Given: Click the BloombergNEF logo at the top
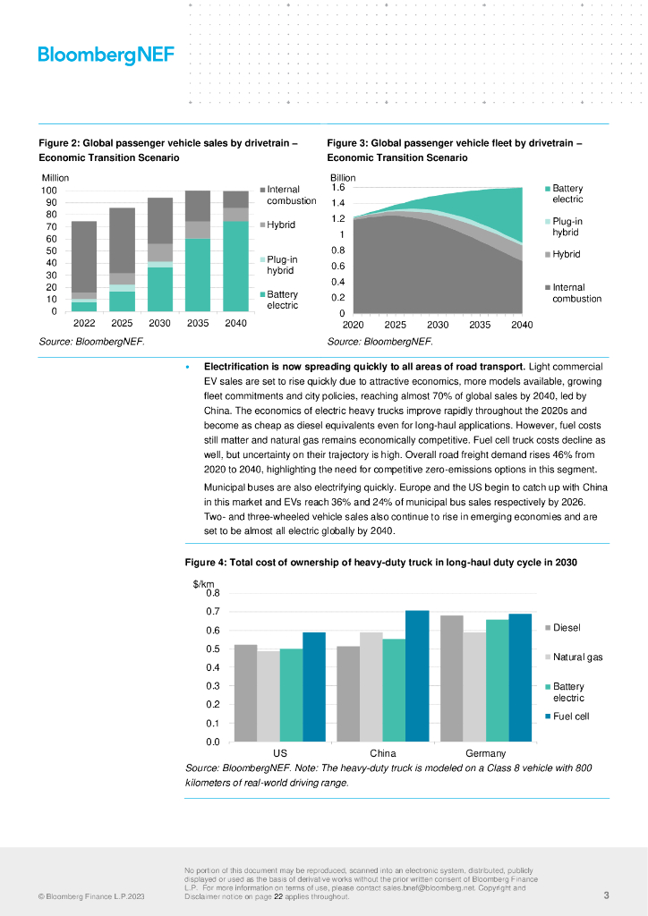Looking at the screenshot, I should pyautogui.click(x=106, y=55).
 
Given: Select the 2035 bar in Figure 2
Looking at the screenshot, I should pyautogui.click(x=198, y=250).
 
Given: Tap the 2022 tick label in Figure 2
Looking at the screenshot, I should pyautogui.click(x=84, y=323).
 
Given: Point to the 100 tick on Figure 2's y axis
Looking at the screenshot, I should pyautogui.click(x=48, y=191).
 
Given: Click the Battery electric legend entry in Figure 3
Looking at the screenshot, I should pyautogui.click(x=567, y=193).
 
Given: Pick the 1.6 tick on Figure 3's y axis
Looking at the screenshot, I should pyautogui.click(x=338, y=188).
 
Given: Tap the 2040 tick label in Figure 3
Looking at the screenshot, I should pyautogui.click(x=521, y=325).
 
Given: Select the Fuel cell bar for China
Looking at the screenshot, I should pyautogui.click(x=417, y=675).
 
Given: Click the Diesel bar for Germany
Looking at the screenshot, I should pyautogui.click(x=452, y=678).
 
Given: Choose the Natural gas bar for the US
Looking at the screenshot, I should pyautogui.click(x=268, y=696).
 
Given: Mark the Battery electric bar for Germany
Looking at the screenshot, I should pyautogui.click(x=498, y=680).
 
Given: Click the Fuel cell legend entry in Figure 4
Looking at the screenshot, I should pyautogui.click(x=571, y=717).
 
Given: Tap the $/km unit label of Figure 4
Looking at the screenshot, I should pyautogui.click(x=204, y=584).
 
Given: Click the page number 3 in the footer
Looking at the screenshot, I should pyautogui.click(x=606, y=895).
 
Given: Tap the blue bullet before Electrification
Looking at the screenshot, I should pyautogui.click(x=187, y=368).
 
